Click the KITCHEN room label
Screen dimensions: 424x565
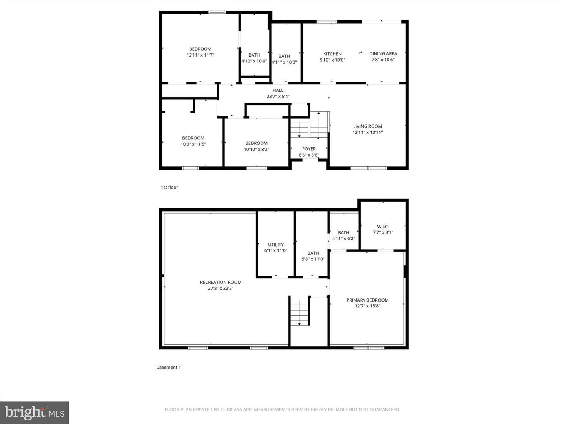332,54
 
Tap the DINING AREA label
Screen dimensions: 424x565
383,54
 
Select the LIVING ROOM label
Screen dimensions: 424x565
367,126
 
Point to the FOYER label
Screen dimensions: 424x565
309,149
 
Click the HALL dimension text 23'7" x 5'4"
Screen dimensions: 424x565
278,97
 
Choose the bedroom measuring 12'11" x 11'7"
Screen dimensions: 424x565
200,52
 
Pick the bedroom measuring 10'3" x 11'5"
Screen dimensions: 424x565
193,141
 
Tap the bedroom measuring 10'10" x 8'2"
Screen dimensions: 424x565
256,146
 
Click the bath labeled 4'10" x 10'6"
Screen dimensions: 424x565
254,58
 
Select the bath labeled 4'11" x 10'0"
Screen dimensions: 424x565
284,59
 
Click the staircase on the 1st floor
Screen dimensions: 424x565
310,124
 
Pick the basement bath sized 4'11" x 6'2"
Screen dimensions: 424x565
343,236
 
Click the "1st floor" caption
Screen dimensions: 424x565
169,188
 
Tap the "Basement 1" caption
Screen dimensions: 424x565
168,367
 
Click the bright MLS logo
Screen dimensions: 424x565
35,412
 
